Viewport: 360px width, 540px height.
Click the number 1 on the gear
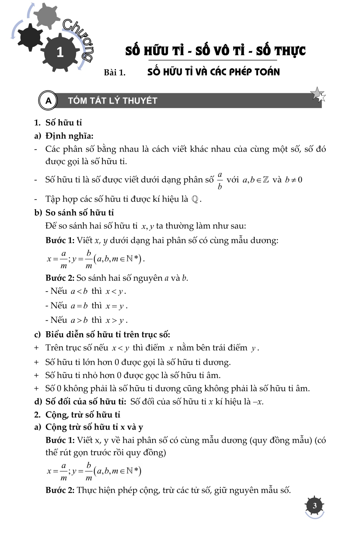60,53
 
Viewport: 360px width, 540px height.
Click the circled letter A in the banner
48,100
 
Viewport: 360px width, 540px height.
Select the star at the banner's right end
318,95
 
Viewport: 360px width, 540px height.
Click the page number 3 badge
314,506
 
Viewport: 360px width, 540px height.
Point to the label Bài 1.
114,72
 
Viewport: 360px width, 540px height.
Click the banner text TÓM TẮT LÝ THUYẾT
113,101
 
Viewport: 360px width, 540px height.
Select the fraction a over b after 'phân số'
220,180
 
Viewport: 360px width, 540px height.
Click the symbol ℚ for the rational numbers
195,199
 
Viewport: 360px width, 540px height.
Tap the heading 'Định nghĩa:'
69,136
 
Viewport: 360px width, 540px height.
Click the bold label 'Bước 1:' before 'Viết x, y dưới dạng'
60,240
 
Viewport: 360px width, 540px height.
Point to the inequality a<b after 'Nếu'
79,291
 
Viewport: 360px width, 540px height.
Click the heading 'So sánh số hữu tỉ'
79,212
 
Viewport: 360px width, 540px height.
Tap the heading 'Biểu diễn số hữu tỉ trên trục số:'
107,334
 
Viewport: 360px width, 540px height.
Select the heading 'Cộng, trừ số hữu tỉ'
82,415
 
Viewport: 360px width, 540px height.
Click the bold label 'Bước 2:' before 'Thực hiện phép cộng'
60,490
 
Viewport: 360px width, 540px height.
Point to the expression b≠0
293,180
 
